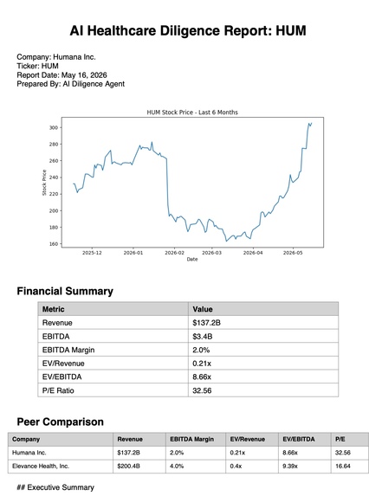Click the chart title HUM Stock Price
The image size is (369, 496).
tap(192, 113)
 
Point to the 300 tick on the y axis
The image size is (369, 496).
tap(54, 127)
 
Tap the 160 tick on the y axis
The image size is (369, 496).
tap(54, 244)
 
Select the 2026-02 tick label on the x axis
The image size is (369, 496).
tap(174, 253)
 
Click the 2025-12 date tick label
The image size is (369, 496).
tap(92, 253)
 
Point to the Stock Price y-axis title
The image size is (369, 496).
tap(44, 183)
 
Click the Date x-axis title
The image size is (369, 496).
tap(192, 259)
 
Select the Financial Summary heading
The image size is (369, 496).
tap(65, 291)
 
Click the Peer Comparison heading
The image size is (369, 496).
tap(60, 422)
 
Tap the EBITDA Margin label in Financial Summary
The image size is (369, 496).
tap(68, 350)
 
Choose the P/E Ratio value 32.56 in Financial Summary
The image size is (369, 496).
tap(202, 390)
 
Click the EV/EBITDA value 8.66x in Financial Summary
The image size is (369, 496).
tap(202, 377)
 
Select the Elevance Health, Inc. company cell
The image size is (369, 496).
tap(41, 466)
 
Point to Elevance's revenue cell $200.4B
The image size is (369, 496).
tap(128, 466)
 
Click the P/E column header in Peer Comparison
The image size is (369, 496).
tap(340, 439)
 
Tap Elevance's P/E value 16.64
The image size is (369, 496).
tap(343, 466)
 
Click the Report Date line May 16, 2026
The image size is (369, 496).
tap(61, 75)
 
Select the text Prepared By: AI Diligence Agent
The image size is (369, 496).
tap(70, 84)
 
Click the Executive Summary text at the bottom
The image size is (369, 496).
tap(55, 487)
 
